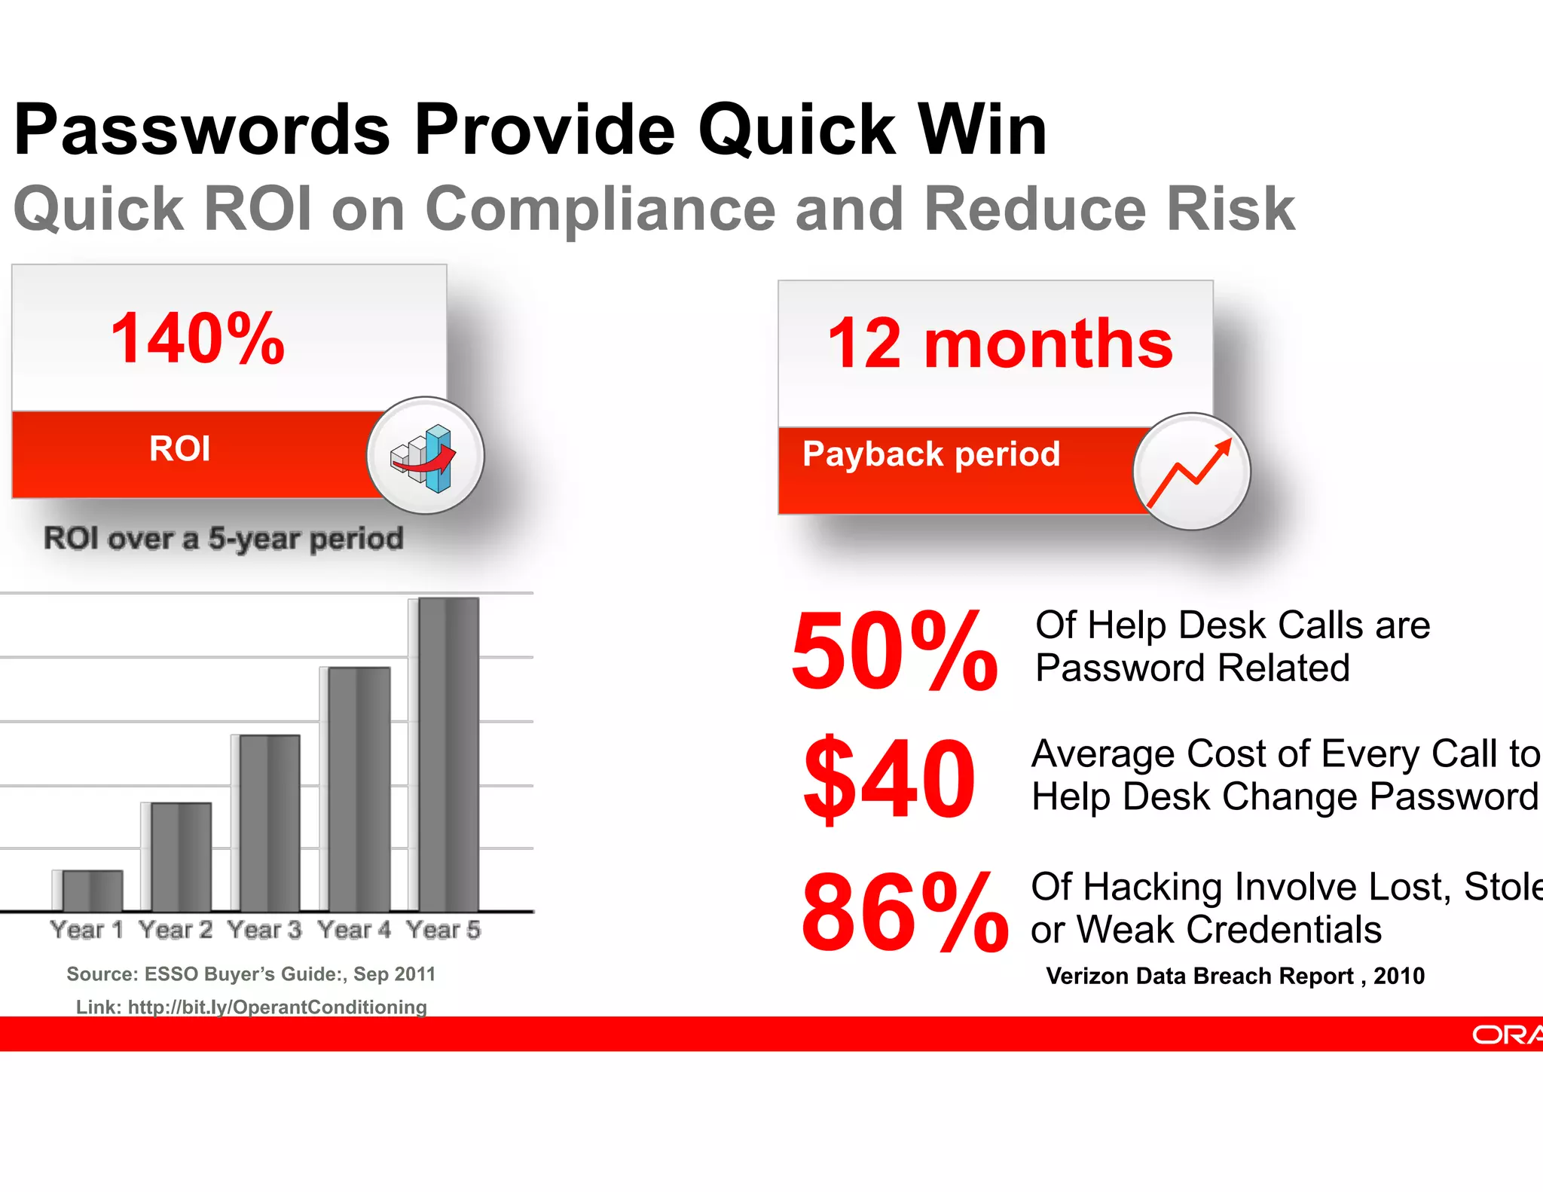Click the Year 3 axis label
pos(264,930)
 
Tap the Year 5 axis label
pos(443,930)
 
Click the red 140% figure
pos(197,339)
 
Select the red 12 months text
pos(1000,344)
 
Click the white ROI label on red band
pos(180,449)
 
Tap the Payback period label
pos(931,454)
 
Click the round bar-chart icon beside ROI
pos(425,456)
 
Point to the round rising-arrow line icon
pos(1191,472)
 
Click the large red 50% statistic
pos(894,651)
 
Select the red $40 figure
pos(890,778)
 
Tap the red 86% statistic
pos(904,912)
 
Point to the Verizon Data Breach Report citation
pos(1235,976)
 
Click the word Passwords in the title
pos(202,130)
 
